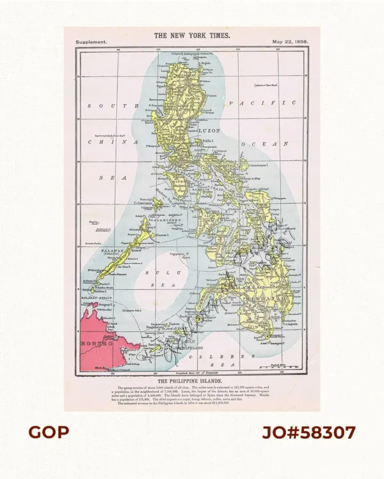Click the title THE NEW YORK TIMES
pos(192,36)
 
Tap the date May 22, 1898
pos(290,42)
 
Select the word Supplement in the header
pos(91,42)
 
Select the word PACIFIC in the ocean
pos(262,103)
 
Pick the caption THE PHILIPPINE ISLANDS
pos(192,379)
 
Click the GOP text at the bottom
pos(49,432)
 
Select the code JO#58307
pos(308,432)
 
